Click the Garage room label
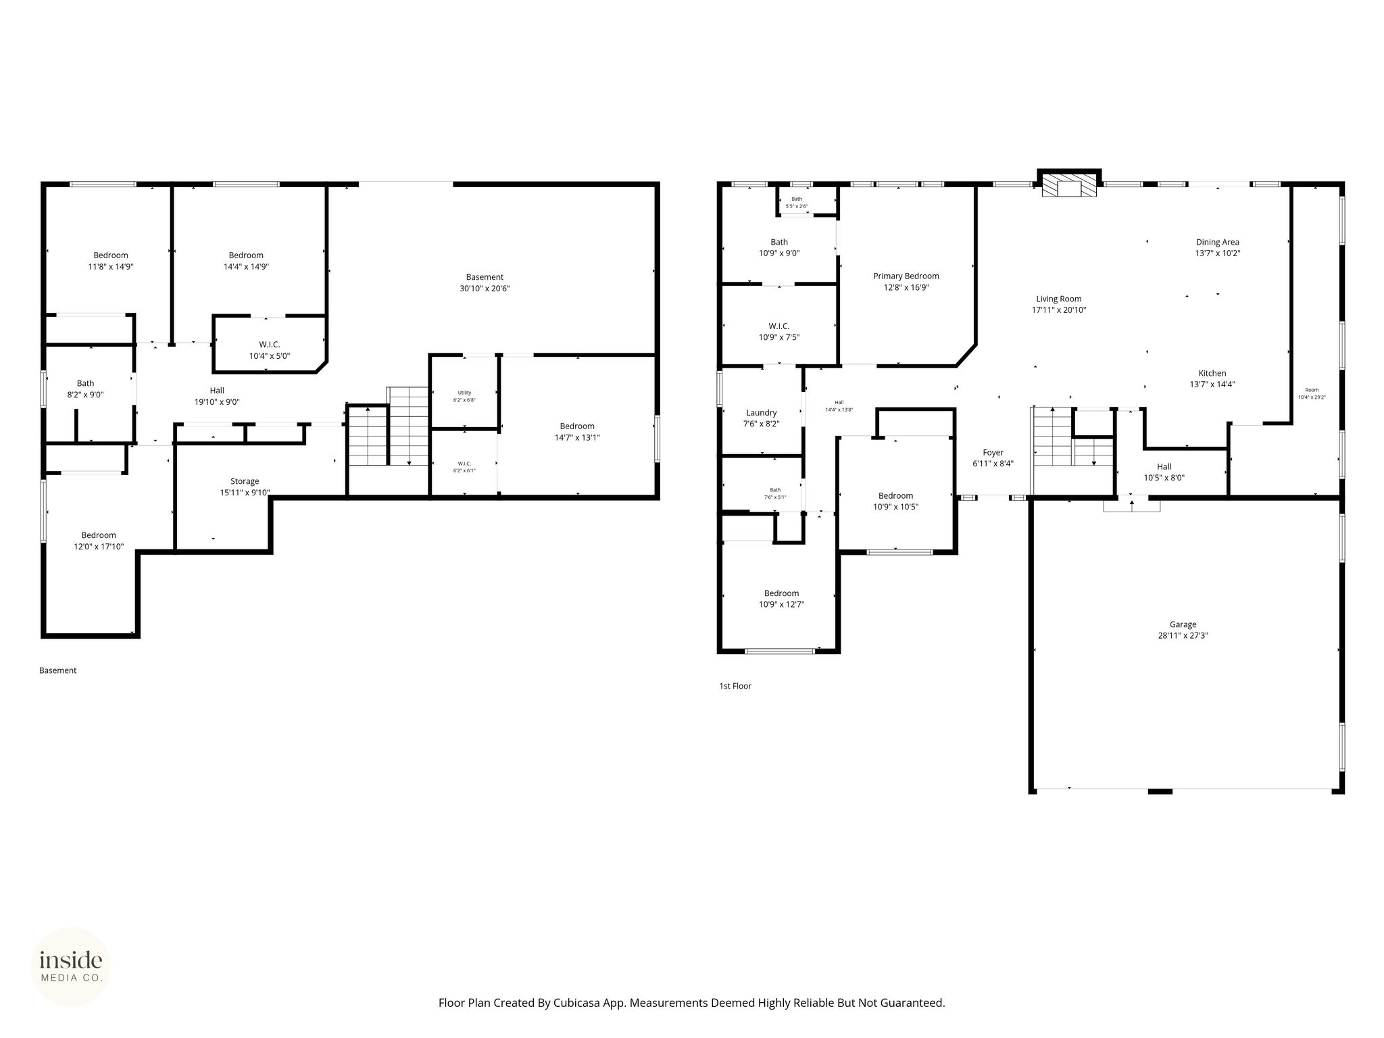pyautogui.click(x=1183, y=624)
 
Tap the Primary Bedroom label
pyautogui.click(x=906, y=276)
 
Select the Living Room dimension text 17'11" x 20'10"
pyautogui.click(x=1058, y=310)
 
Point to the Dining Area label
pyautogui.click(x=1217, y=242)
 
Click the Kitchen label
pyautogui.click(x=1212, y=373)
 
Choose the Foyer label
pyautogui.click(x=993, y=453)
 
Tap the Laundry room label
pyautogui.click(x=761, y=413)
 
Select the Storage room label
pyautogui.click(x=244, y=481)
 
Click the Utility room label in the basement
pyautogui.click(x=464, y=393)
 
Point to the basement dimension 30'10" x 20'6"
pyautogui.click(x=485, y=289)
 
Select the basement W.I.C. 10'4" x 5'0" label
pyautogui.click(x=270, y=350)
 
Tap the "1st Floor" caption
pyautogui.click(x=735, y=686)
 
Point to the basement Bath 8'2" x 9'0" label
pyautogui.click(x=85, y=389)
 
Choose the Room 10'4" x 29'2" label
pyautogui.click(x=1312, y=393)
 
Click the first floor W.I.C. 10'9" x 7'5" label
pyautogui.click(x=778, y=331)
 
